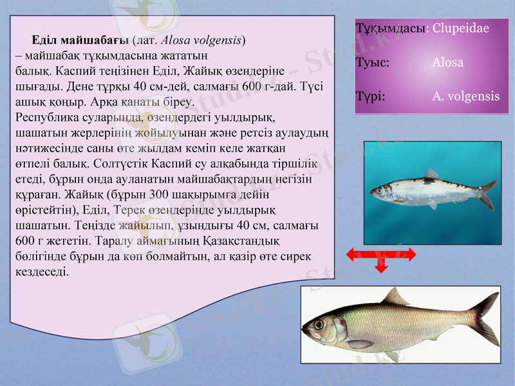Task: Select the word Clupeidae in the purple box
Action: (x=460, y=28)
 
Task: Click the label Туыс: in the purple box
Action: (x=371, y=63)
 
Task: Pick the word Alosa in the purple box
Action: (x=447, y=63)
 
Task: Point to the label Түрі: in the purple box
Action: (x=370, y=96)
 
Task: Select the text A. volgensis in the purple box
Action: (x=465, y=96)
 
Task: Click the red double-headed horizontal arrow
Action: (x=381, y=255)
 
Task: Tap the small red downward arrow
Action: (x=381, y=267)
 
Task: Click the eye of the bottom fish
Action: (x=319, y=324)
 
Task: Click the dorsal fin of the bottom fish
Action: (x=394, y=297)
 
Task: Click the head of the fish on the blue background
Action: (x=381, y=190)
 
